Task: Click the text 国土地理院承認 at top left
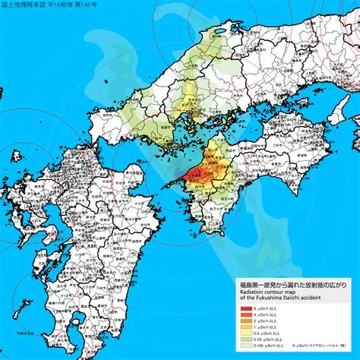22,5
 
